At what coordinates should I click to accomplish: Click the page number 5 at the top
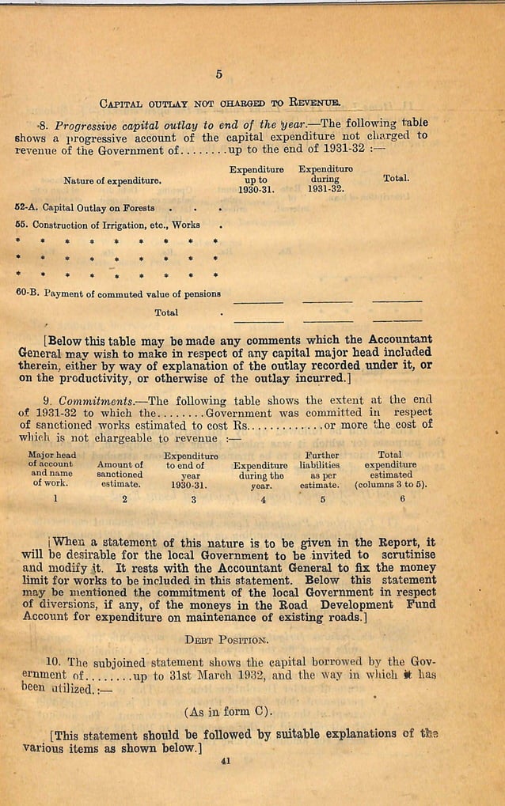[218, 75]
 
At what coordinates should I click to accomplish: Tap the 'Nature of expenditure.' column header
[113, 180]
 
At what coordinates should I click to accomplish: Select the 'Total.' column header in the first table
[396, 179]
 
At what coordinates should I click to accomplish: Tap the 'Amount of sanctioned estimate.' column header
[120, 473]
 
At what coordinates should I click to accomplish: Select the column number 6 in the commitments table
[402, 498]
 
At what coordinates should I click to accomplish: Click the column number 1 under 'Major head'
[55, 498]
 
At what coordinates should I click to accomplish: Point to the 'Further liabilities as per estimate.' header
[321, 470]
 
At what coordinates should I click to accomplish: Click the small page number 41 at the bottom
[226, 761]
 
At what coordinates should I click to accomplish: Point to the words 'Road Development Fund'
[357, 604]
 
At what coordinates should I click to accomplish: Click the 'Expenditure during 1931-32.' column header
[325, 179]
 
